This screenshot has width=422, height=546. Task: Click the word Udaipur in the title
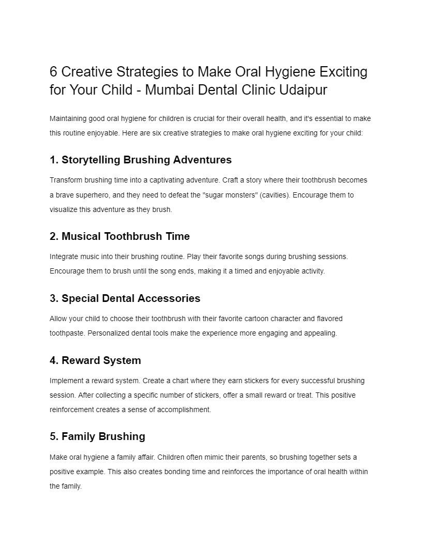click(x=303, y=90)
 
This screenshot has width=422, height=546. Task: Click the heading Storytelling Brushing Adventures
click(x=146, y=160)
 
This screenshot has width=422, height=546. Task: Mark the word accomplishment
click(x=184, y=410)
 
